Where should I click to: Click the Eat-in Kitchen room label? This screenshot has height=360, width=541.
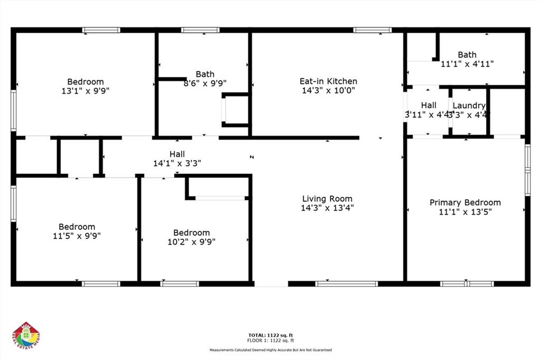pos(328,81)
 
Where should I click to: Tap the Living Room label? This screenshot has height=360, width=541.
pos(327,199)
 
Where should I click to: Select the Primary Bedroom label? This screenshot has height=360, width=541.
pos(465,202)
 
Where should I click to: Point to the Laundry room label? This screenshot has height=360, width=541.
pos(469,106)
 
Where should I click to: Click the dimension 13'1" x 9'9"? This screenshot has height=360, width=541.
pos(86,91)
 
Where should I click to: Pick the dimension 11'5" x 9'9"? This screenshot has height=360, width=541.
pos(77,236)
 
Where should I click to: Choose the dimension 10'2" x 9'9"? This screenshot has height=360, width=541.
pos(191,242)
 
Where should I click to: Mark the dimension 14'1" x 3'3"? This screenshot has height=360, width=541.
pos(177,163)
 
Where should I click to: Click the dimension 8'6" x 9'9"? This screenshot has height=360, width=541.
pos(205,83)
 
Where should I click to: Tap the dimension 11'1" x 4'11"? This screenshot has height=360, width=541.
pos(467,63)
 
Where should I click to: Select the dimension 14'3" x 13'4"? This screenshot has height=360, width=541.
pos(327,208)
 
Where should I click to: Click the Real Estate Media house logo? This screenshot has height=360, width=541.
pos(26,336)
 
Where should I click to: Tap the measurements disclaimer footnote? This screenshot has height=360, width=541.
pos(270,350)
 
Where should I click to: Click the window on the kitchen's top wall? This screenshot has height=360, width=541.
pos(372,30)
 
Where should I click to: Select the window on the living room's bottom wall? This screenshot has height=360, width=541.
pos(347,284)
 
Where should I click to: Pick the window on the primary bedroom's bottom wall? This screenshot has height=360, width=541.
pos(467,284)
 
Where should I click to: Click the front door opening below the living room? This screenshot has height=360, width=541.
pos(271,284)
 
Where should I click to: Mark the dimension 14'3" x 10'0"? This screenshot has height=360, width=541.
pos(328,90)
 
